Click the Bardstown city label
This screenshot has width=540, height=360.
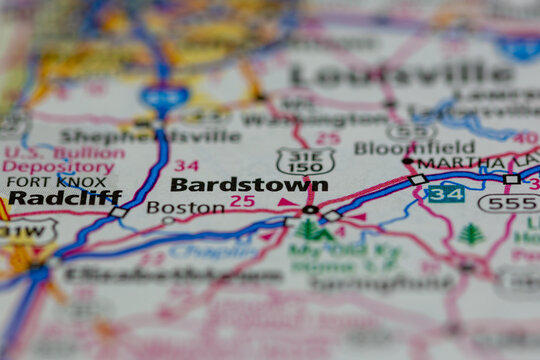(x=249, y=185)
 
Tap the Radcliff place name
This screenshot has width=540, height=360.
(x=64, y=198)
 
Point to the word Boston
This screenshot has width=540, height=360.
(x=185, y=207)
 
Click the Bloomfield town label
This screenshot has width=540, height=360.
(x=414, y=147)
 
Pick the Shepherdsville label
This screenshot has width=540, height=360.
(x=150, y=136)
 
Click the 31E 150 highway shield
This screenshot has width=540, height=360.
(x=305, y=162)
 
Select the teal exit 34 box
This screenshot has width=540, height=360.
(x=446, y=193)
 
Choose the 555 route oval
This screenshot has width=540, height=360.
(x=507, y=203)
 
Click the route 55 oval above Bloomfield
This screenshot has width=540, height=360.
(x=411, y=130)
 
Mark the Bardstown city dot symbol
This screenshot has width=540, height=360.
(x=310, y=210)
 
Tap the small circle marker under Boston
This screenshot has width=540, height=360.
(x=168, y=220)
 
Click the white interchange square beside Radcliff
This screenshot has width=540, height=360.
(x=118, y=212)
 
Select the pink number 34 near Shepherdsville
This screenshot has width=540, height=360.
(x=185, y=166)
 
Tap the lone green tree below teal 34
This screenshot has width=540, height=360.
(x=470, y=234)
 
